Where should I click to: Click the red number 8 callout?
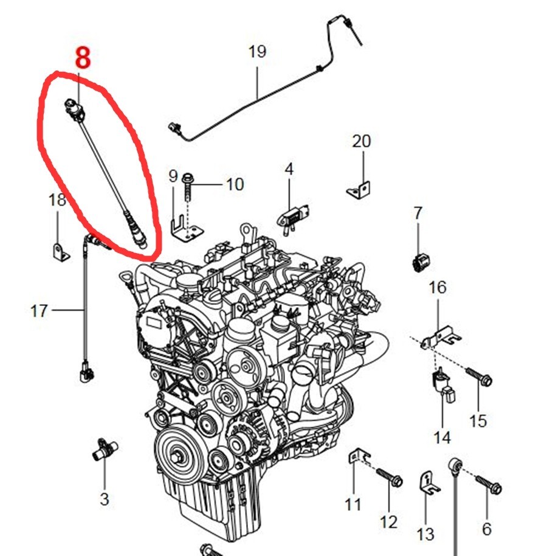click(x=83, y=58)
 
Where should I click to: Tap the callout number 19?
click(x=257, y=52)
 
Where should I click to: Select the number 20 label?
click(x=362, y=141)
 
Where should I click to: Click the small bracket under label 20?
click(x=359, y=190)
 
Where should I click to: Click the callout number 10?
click(x=235, y=184)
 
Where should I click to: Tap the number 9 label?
click(x=173, y=176)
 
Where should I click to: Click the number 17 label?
click(x=39, y=311)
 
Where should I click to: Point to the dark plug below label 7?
click(x=421, y=263)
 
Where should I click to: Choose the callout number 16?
click(x=438, y=288)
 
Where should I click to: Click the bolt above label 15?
click(x=478, y=377)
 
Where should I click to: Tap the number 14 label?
click(x=442, y=438)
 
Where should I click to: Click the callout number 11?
click(x=353, y=504)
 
